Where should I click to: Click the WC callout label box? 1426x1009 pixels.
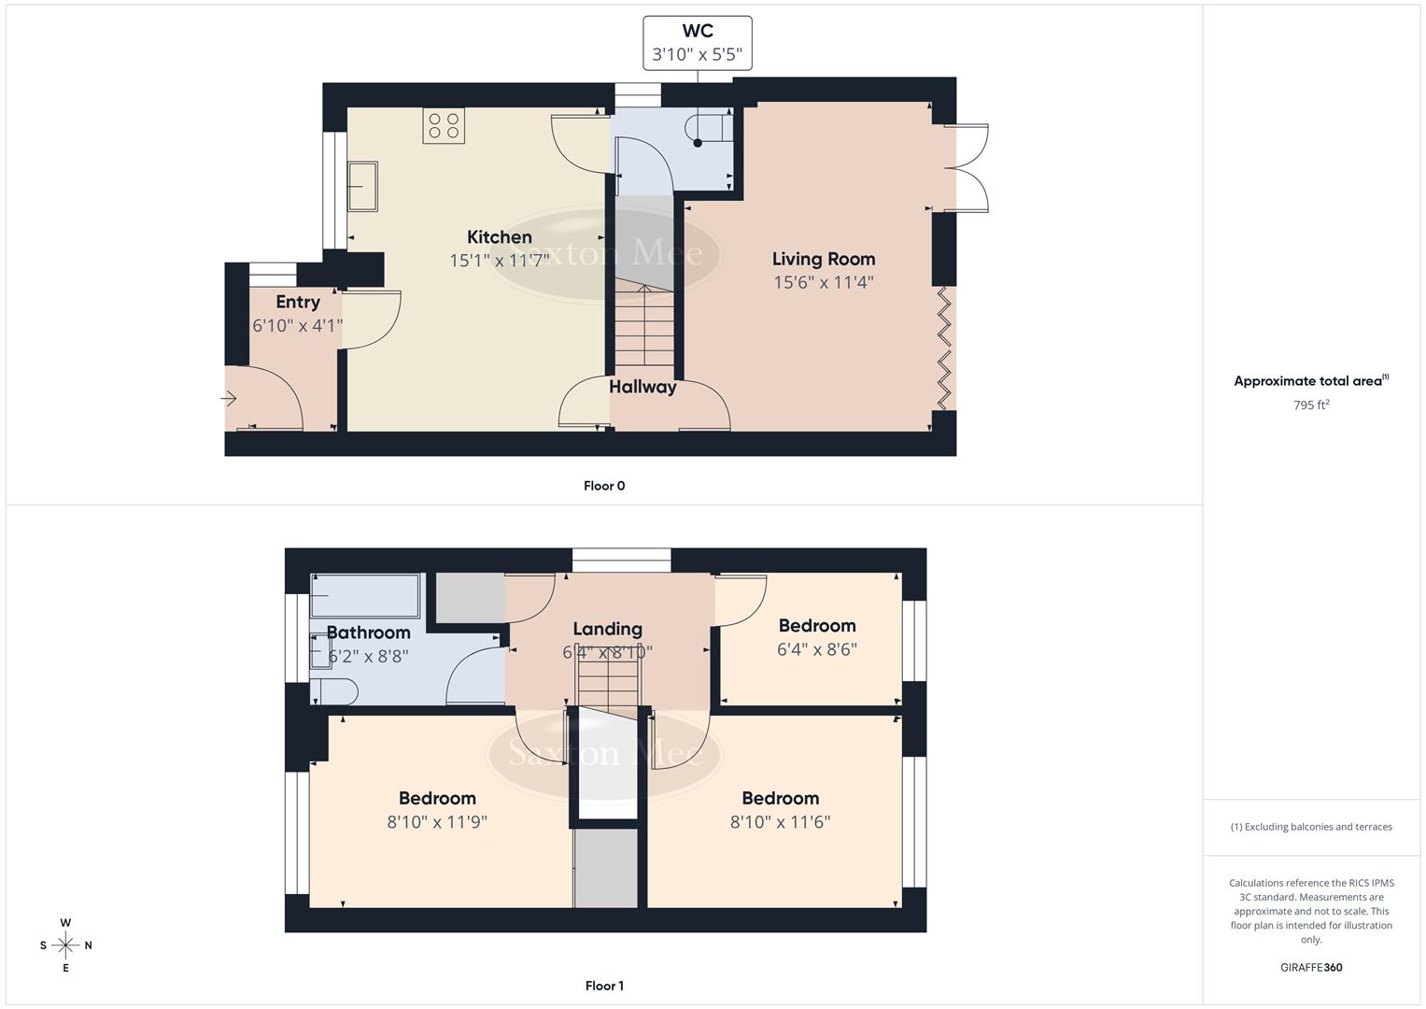[697, 43]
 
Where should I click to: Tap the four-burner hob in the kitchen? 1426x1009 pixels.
[444, 126]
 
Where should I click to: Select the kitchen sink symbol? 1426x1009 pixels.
[362, 186]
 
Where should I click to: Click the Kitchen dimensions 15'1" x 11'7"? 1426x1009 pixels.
[499, 261]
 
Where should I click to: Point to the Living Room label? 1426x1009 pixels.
[823, 259]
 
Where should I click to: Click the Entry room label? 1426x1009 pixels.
[298, 302]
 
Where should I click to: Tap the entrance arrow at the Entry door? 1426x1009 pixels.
[230, 399]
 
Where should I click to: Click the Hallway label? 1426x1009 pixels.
[642, 387]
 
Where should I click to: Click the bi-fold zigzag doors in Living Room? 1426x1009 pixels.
[945, 348]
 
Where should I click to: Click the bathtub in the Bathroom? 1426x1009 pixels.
[365, 595]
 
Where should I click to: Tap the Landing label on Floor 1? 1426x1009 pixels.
[607, 629]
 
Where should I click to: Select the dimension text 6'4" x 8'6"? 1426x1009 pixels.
[816, 649]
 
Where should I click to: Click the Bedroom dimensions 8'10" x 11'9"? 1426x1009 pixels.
[437, 822]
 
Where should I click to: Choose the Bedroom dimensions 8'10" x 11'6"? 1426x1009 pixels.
[780, 822]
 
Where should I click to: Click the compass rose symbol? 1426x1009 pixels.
[65, 945]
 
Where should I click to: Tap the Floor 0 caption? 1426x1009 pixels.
[604, 486]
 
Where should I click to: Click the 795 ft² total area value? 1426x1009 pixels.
[1311, 405]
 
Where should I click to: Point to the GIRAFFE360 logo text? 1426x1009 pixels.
[1311, 968]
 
